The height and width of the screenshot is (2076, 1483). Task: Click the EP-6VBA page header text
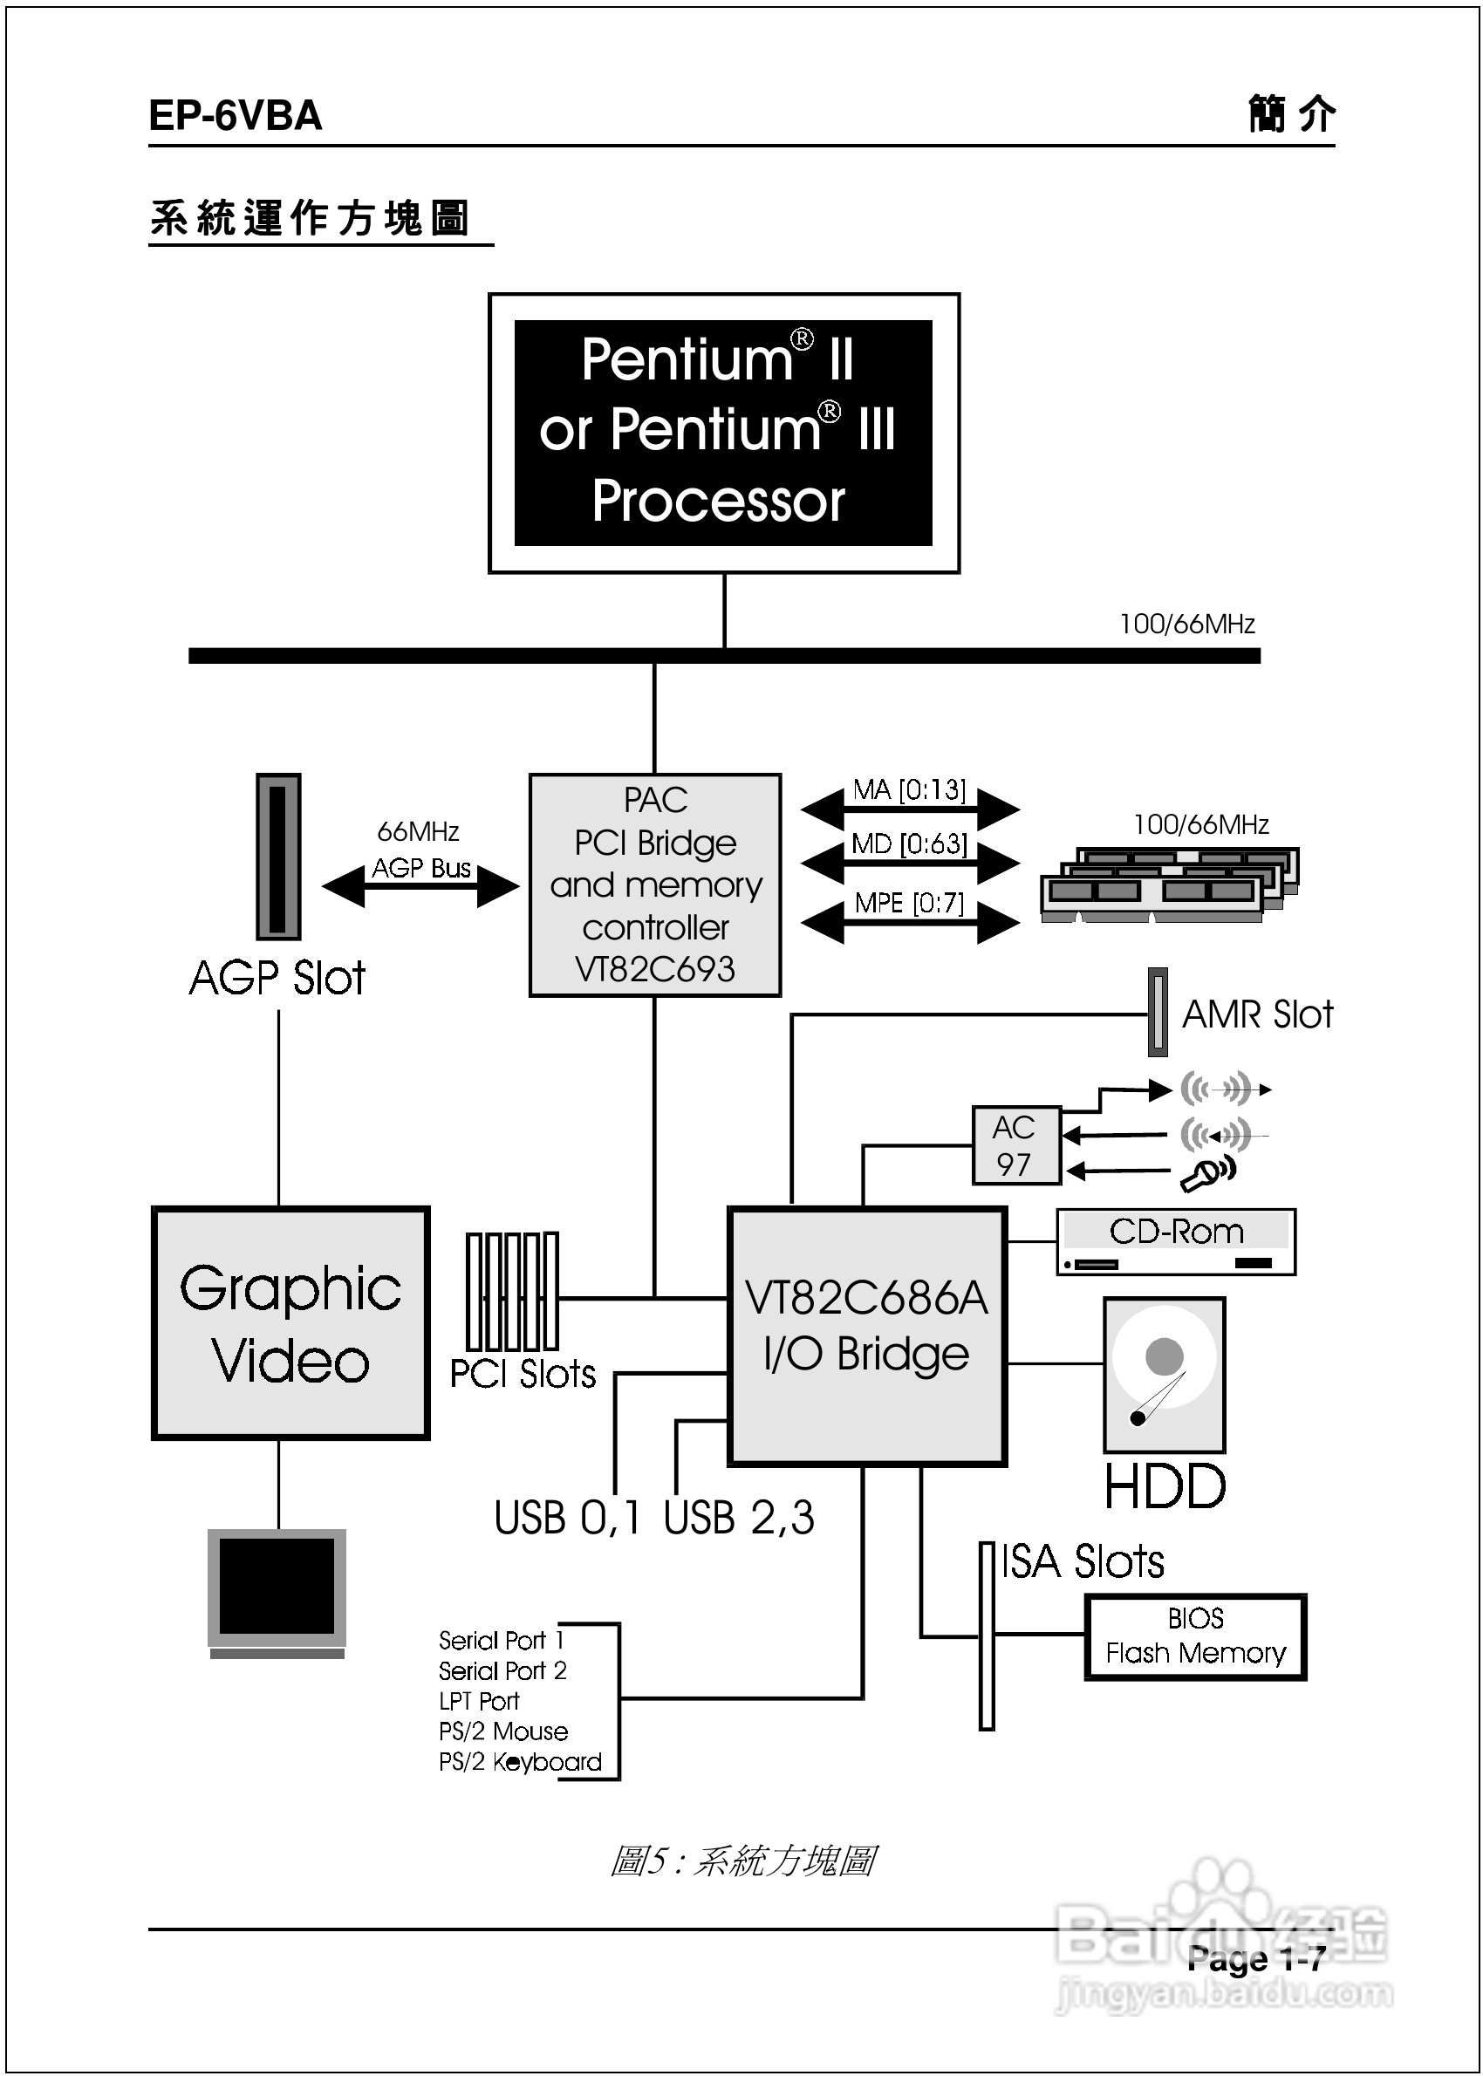235,116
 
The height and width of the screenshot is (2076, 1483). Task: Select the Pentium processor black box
723,433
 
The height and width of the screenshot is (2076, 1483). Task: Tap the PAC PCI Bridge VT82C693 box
655,884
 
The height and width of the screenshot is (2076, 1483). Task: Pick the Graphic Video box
290,1323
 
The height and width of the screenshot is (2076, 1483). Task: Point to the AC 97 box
1015,1146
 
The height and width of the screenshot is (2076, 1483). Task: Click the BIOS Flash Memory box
1195,1636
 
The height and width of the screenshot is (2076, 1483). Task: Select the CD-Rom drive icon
1175,1241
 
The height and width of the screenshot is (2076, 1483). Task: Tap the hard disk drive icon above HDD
1165,1375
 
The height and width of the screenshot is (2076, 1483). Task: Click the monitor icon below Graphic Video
277,1592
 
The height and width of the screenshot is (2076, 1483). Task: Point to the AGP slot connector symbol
278,857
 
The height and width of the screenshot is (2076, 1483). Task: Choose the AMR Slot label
1257,1014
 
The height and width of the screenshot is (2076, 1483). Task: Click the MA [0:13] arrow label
909,789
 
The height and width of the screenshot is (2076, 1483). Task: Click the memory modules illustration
1170,883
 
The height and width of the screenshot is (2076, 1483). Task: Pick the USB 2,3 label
739,1517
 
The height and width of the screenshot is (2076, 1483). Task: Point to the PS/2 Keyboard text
520,1761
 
